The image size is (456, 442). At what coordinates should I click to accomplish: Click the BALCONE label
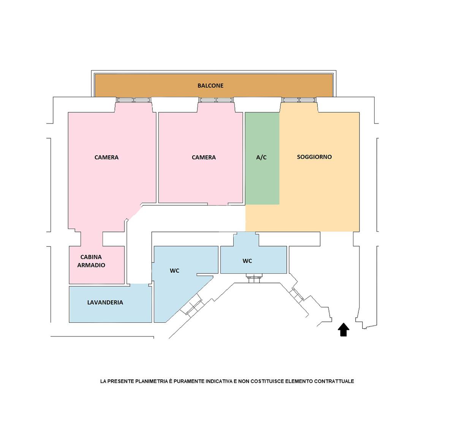point(210,85)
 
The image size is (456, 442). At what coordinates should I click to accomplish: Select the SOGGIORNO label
point(314,157)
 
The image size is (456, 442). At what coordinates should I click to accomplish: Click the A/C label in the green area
point(261,157)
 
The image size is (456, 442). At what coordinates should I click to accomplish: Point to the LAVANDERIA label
point(105,303)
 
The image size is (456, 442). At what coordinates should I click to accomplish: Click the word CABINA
point(91,257)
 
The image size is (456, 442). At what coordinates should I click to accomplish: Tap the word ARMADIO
point(91,265)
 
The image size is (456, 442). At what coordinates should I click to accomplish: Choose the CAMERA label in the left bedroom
point(106,157)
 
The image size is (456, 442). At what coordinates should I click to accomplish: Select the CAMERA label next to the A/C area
point(204,157)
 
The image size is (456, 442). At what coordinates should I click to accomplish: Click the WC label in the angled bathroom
point(174,271)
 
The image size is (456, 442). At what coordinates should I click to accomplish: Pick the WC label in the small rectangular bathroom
point(247,261)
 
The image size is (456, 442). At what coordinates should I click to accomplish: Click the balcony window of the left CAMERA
point(133,100)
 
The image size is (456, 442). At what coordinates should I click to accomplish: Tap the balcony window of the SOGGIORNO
point(299,100)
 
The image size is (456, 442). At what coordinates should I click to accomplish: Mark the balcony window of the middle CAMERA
point(216,100)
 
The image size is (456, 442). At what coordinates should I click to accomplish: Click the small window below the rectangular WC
point(253,277)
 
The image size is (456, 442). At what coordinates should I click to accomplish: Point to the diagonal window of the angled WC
point(191,307)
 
